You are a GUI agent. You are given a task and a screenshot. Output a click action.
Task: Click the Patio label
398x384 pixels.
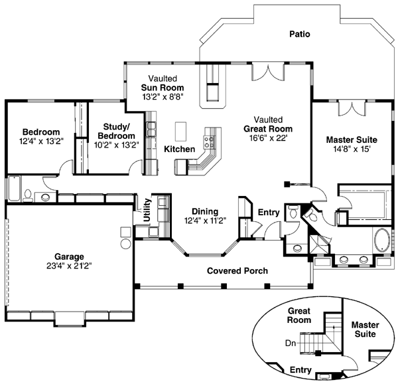(x=299, y=34)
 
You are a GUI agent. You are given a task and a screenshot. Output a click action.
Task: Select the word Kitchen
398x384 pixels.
(x=180, y=148)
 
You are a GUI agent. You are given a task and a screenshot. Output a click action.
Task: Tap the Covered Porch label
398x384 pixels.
(x=237, y=271)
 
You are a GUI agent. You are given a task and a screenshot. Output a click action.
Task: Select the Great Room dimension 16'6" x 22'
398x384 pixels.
(x=267, y=138)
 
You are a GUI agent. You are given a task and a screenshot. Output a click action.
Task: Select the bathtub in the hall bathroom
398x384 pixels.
(x=13, y=189)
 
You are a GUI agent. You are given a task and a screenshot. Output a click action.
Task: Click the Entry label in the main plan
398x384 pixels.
(x=269, y=213)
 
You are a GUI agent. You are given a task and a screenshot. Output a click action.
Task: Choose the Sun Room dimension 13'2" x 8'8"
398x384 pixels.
(x=162, y=96)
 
